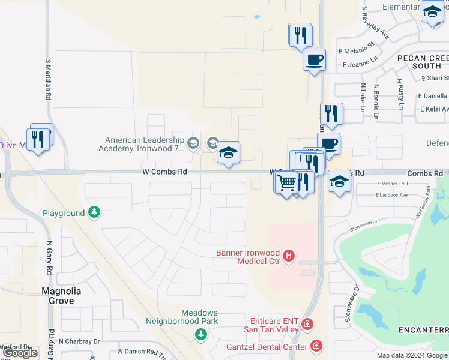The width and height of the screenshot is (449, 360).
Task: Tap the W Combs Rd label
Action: [x=164, y=172]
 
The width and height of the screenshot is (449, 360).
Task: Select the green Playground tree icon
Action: [x=94, y=212]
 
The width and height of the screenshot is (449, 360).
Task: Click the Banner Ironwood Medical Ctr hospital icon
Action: [x=289, y=256]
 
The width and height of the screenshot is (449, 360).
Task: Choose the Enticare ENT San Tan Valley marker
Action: [x=307, y=325]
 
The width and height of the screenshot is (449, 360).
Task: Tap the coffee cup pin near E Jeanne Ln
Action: [x=314, y=60]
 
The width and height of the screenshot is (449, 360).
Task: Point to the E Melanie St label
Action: [x=357, y=44]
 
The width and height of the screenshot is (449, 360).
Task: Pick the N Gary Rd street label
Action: [x=50, y=258]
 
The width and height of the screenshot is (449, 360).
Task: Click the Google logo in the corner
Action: [x=20, y=353]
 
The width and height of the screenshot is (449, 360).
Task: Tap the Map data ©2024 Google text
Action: [x=412, y=355]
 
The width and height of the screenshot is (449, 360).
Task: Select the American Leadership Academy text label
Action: [x=142, y=144]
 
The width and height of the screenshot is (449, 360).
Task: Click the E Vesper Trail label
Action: [x=393, y=184]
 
